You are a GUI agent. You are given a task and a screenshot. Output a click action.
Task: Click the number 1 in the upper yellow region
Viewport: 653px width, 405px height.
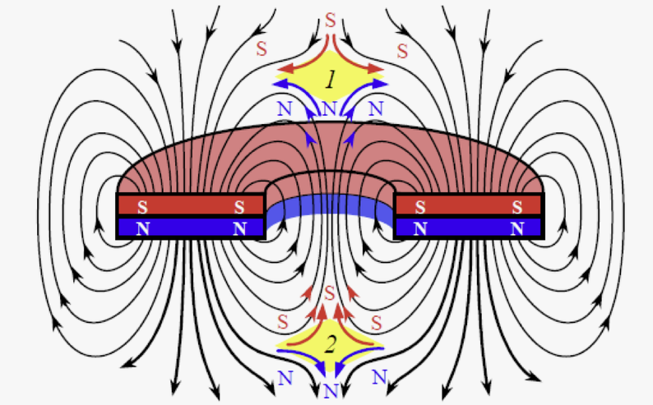pos(331,81)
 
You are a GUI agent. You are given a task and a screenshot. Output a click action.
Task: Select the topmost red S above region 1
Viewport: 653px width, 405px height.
pos(330,20)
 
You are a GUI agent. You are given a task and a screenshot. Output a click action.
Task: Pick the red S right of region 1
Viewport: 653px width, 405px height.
pos(402,51)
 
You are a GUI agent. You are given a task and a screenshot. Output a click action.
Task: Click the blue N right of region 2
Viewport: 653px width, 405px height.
pos(379,378)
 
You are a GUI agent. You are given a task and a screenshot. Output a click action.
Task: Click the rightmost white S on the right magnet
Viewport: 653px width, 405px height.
pos(517,206)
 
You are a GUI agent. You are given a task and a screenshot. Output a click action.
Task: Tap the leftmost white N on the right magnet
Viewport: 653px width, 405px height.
pos(420,228)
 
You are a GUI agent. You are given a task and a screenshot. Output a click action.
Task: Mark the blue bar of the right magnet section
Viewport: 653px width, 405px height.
pos(469,228)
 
